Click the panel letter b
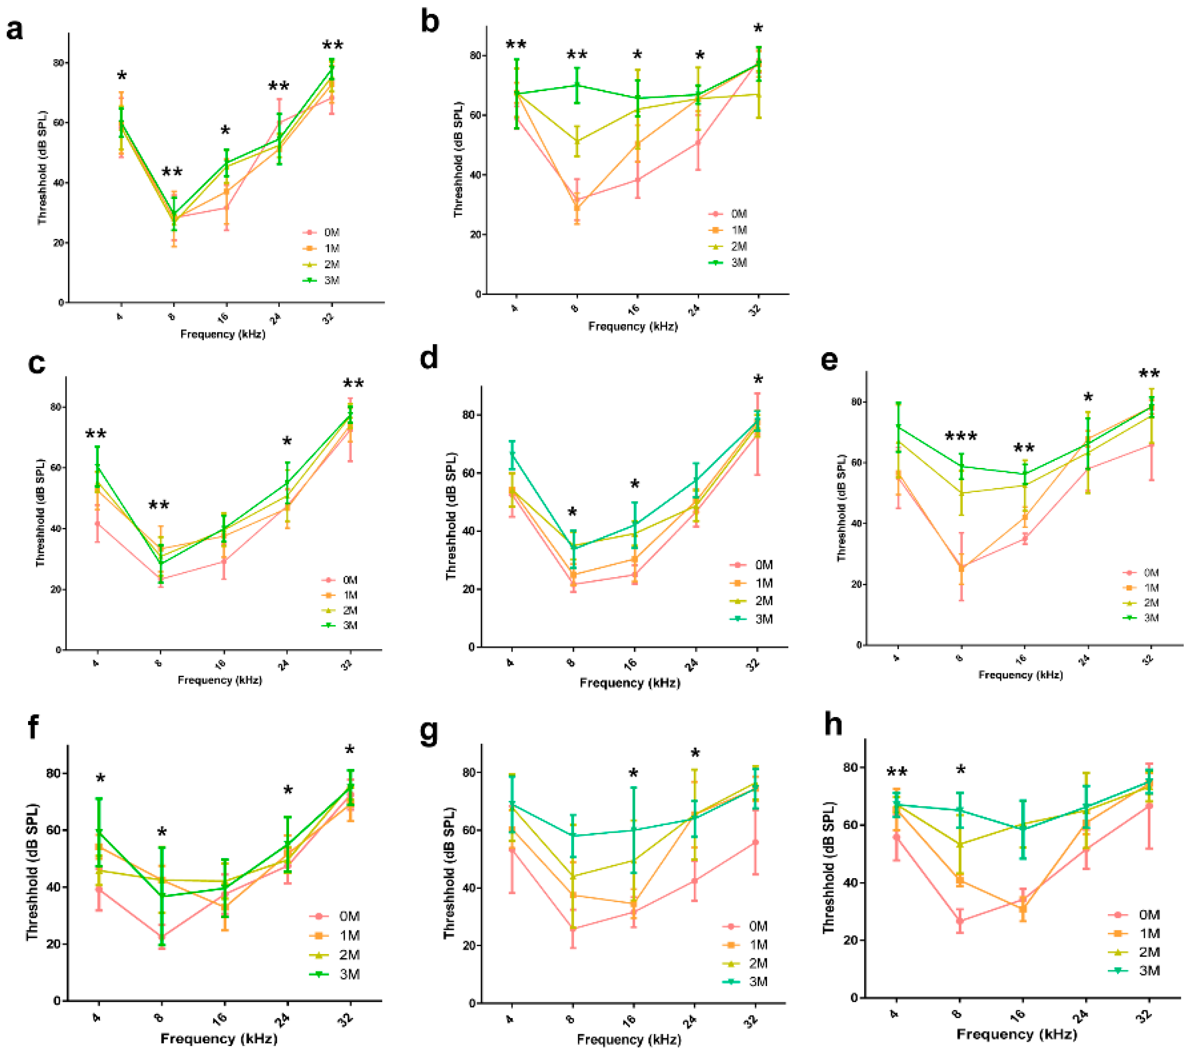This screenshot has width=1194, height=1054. [x=430, y=22]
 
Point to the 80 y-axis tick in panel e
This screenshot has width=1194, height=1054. [x=857, y=402]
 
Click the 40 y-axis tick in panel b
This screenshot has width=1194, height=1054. [x=474, y=175]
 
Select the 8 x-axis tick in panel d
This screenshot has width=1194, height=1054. [x=571, y=662]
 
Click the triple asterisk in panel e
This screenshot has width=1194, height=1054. [x=961, y=436]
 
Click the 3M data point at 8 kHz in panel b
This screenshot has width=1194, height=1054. [x=577, y=85]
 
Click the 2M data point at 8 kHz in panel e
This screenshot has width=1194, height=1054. [x=961, y=493]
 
